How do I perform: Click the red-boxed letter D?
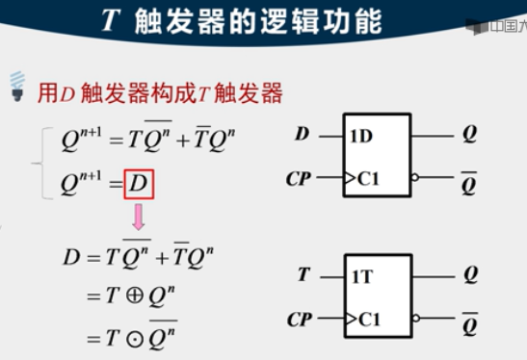pos(140,183)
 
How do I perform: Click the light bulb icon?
pos(15,86)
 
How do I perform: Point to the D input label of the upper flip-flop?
pos(302,135)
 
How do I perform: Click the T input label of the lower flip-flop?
pos(303,275)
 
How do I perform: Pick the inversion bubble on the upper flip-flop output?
pos(415,178)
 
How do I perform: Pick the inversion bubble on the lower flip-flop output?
pos(415,319)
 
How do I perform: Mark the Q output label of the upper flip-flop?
pos(469,135)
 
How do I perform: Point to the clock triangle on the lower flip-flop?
pos(351,319)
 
